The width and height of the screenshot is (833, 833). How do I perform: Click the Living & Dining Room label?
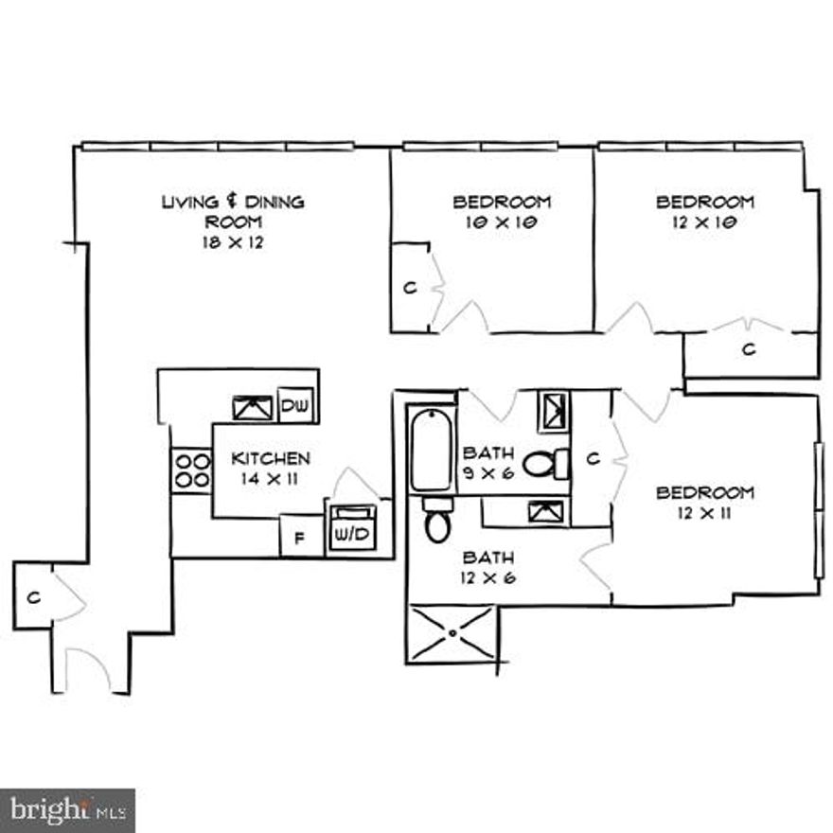[233, 211]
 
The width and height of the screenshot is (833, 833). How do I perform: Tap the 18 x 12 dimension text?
[233, 242]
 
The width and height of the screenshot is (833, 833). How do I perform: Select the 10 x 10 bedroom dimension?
[502, 222]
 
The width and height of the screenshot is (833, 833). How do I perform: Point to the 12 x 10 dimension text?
[705, 222]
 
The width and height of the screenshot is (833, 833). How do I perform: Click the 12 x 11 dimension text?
[705, 513]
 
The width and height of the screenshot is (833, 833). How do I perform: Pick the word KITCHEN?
[271, 459]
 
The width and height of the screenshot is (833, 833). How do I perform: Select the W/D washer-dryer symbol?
[350, 533]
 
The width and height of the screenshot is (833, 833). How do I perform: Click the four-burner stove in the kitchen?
[191, 470]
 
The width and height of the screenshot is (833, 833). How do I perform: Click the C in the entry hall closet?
[32, 597]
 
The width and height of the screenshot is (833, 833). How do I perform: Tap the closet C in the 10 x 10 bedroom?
[410, 288]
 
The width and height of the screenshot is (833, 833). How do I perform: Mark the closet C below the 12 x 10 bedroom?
[749, 350]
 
